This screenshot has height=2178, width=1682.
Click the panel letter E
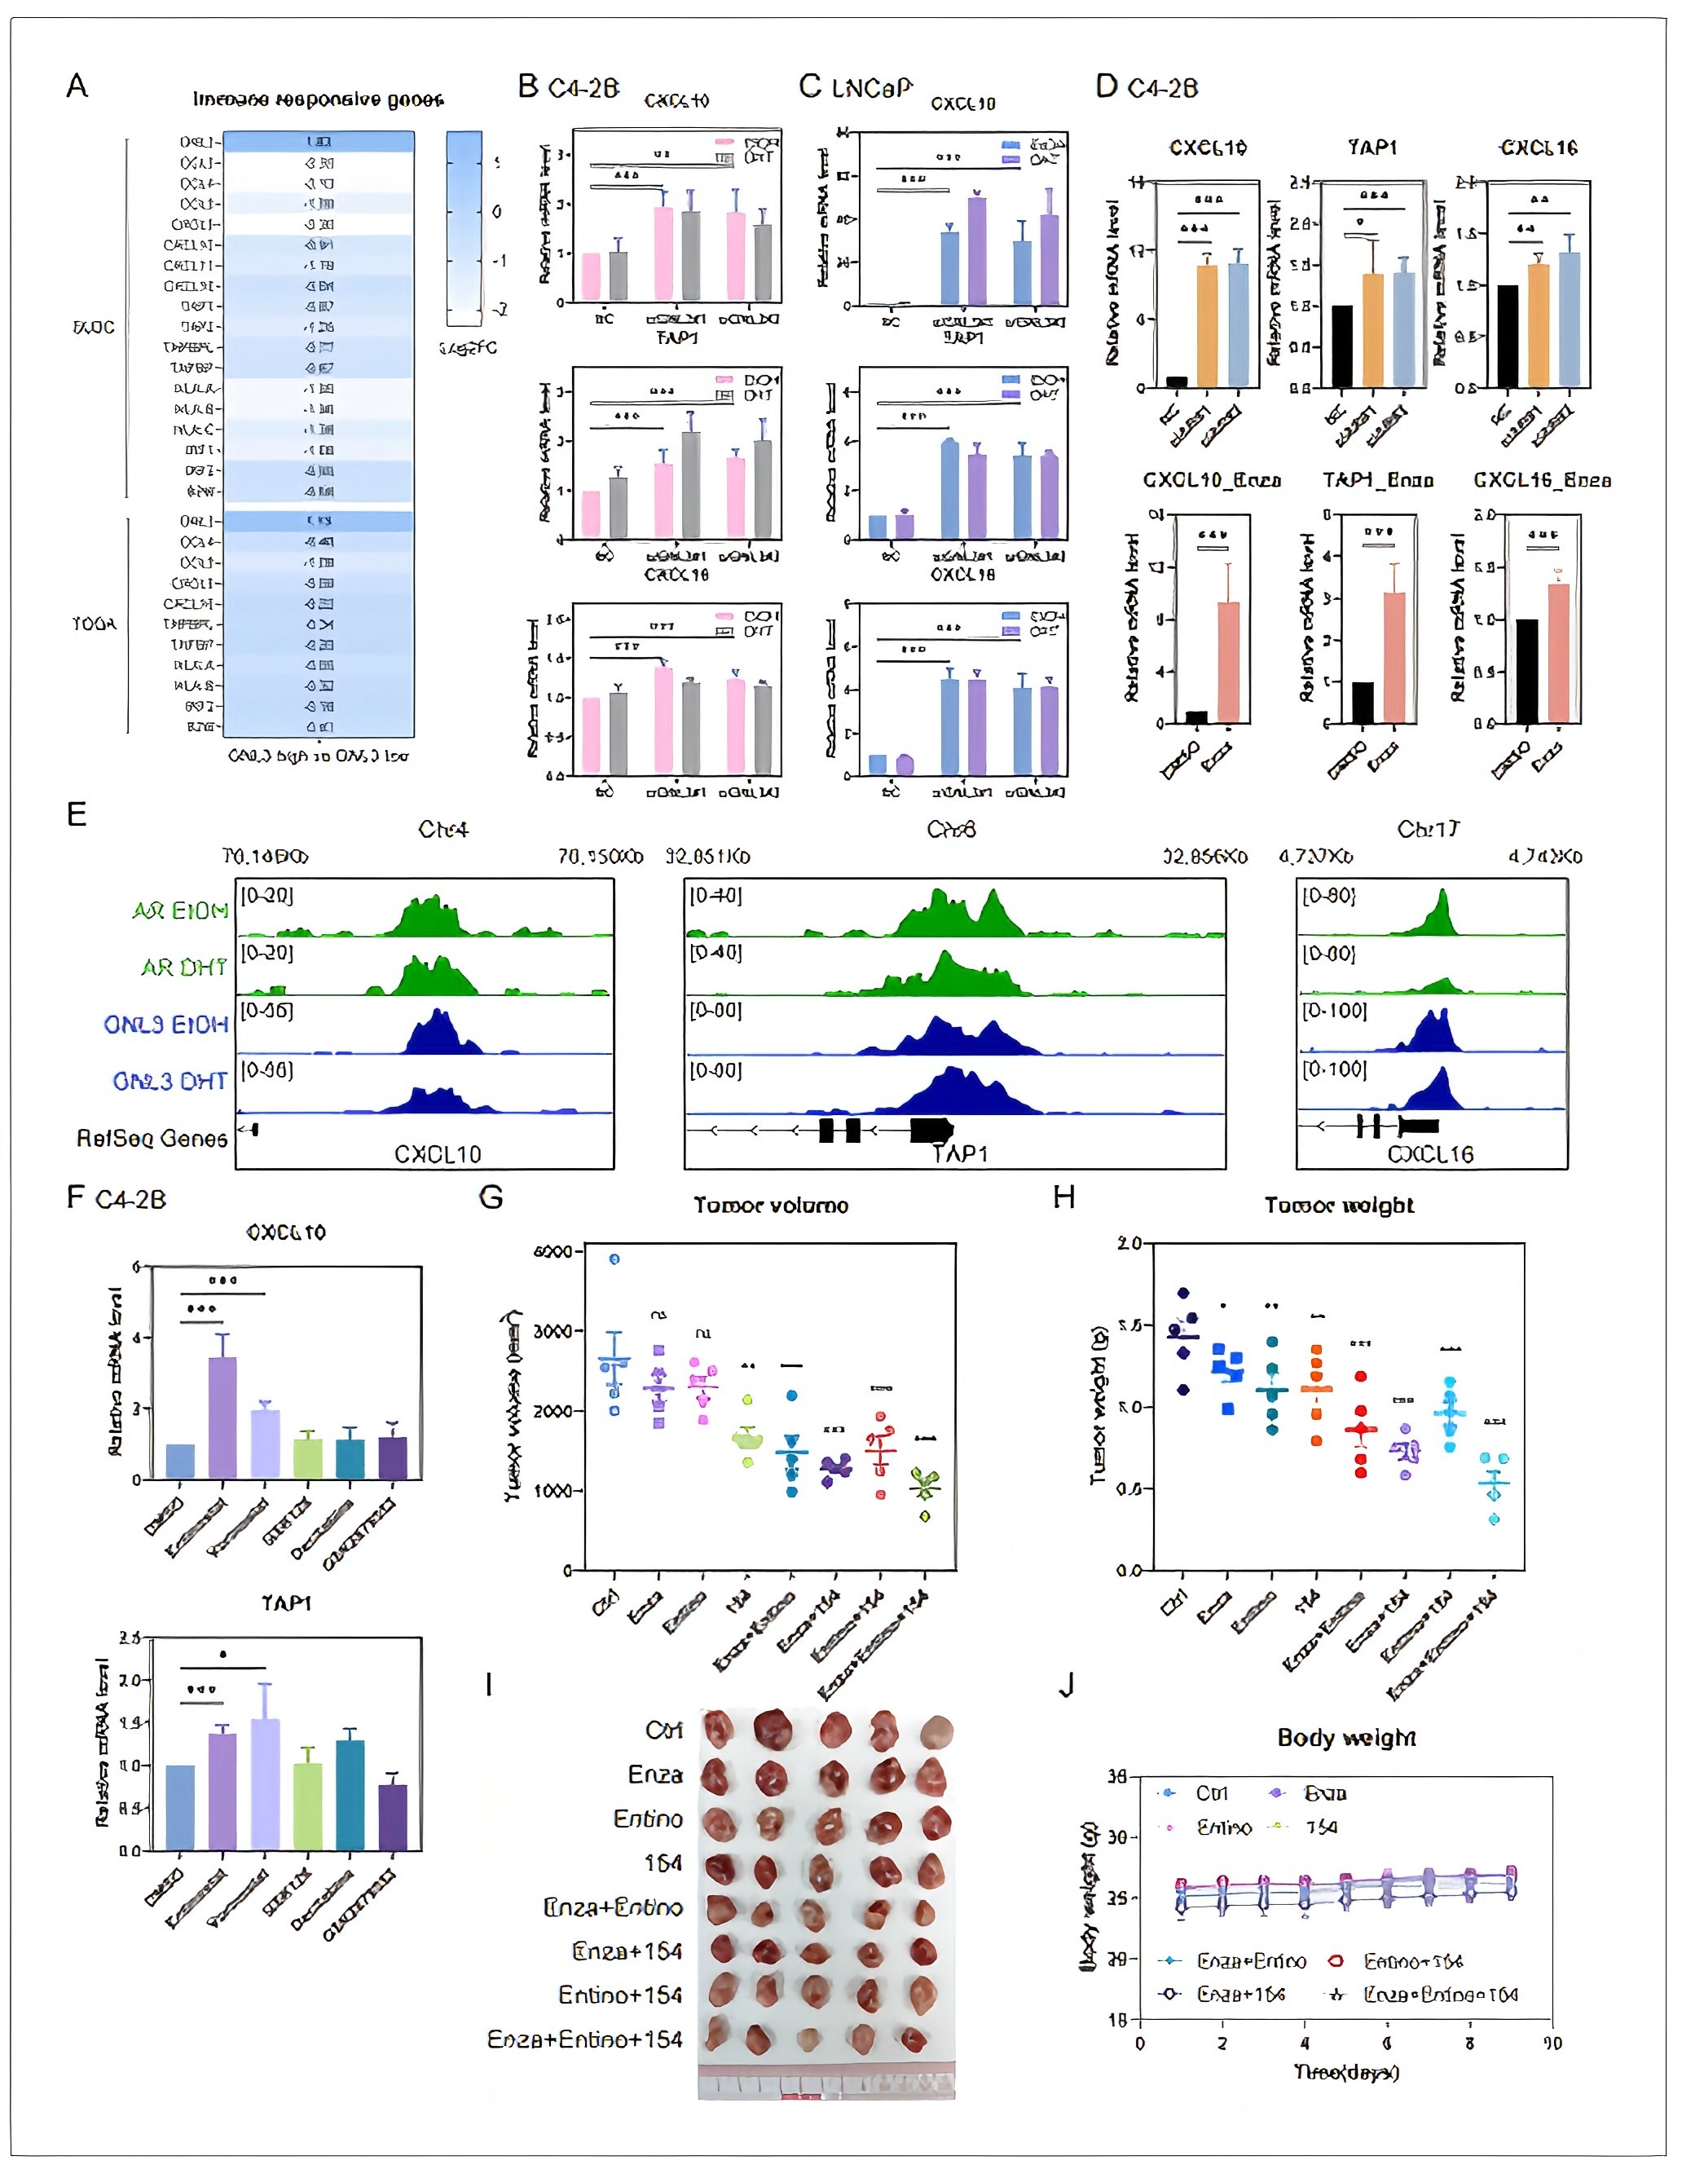point(77,815)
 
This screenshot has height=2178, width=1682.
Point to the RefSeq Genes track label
point(152,1139)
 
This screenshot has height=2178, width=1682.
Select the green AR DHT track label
point(183,968)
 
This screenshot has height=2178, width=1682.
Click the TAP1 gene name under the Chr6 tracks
point(959,1154)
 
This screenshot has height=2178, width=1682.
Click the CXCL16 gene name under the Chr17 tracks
point(1431,1154)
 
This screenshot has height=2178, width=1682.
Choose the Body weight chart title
point(1346,1738)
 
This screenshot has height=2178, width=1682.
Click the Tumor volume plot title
point(771,1206)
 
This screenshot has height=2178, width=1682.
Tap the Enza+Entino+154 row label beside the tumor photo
point(584,2039)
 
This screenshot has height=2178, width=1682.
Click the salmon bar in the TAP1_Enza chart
point(1394,657)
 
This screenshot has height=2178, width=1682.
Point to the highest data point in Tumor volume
point(614,1259)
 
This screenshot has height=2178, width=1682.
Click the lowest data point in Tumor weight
point(1495,1519)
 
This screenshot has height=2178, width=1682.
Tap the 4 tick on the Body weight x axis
point(1304,2044)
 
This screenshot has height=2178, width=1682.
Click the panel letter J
point(1066,1686)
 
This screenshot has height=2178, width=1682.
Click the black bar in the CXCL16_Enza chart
point(1526,671)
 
